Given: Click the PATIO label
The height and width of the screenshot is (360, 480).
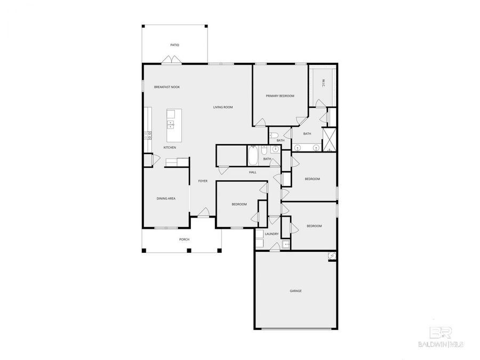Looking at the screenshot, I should tap(174, 45).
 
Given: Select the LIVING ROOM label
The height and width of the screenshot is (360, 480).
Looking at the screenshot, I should tap(223, 107).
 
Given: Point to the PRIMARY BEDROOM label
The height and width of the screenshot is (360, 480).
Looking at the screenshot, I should tap(280, 96).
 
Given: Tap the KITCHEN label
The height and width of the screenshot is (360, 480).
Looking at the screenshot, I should tap(170, 147).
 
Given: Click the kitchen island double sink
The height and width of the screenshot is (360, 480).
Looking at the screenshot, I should tap(171, 125).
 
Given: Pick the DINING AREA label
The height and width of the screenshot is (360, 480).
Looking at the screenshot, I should tap(166, 198).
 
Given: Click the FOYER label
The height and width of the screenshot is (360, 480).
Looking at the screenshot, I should tap(203, 181).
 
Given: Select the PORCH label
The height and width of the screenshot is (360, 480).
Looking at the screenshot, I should tap(184, 239).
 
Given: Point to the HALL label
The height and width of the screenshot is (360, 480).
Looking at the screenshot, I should tap(252, 172).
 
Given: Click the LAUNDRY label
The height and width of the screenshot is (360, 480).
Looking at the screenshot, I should tap(271, 234).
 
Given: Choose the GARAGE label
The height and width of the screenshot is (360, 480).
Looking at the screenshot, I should tap(295, 291).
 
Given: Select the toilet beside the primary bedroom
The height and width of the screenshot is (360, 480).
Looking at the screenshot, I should tap(274, 135).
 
